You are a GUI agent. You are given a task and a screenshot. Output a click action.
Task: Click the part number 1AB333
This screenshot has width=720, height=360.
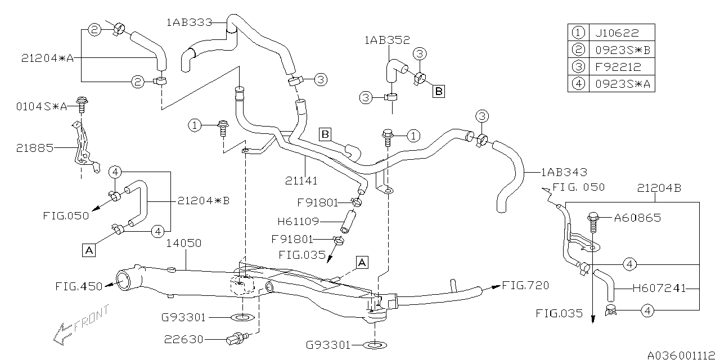point(189,23)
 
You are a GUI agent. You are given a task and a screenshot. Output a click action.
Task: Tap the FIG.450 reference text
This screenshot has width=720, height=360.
point(79,286)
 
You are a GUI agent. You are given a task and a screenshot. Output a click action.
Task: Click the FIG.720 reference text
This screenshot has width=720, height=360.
point(525,285)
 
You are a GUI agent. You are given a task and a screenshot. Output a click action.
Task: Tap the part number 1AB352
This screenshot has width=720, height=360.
point(387,40)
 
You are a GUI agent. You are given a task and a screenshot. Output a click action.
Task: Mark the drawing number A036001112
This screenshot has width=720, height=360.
point(682,355)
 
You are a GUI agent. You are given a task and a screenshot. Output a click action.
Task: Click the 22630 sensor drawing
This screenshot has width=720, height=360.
point(236,339)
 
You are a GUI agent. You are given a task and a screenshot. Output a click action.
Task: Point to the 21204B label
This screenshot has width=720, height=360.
point(659,188)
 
